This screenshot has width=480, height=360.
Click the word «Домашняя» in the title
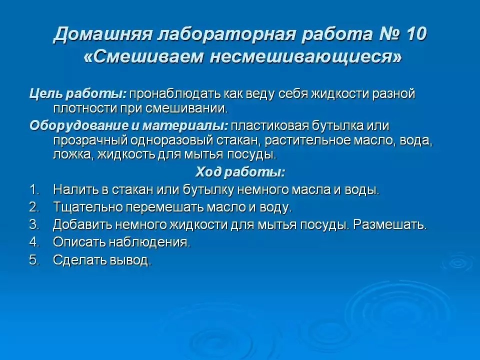[102, 34]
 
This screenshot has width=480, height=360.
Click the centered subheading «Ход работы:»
[240, 172]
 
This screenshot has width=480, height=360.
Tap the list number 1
[34, 190]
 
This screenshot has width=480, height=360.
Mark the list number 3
[34, 224]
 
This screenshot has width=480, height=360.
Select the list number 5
[34, 260]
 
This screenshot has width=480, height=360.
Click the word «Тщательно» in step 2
[87, 207]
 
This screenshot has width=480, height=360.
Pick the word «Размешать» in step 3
[389, 224]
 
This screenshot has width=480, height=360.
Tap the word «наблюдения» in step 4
[149, 242]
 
